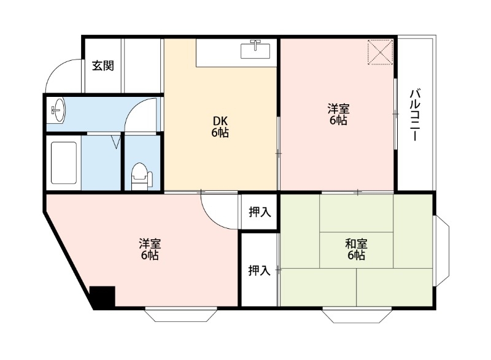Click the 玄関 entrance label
coord(102,66)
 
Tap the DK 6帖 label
coord(220,126)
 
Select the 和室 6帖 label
coord(356,248)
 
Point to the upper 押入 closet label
coord(259,212)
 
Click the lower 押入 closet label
coord(259,270)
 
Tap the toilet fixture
coord(141,175)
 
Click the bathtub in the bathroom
coord(63,163)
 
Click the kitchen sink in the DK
coord(255,49)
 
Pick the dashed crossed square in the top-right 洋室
coord(380,52)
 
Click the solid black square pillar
coord(102,297)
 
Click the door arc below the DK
coord(220,212)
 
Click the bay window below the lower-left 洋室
coord(181,315)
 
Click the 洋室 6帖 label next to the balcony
coord(338,115)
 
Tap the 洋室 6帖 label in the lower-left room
coord(149,248)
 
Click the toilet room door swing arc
coord(141,117)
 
